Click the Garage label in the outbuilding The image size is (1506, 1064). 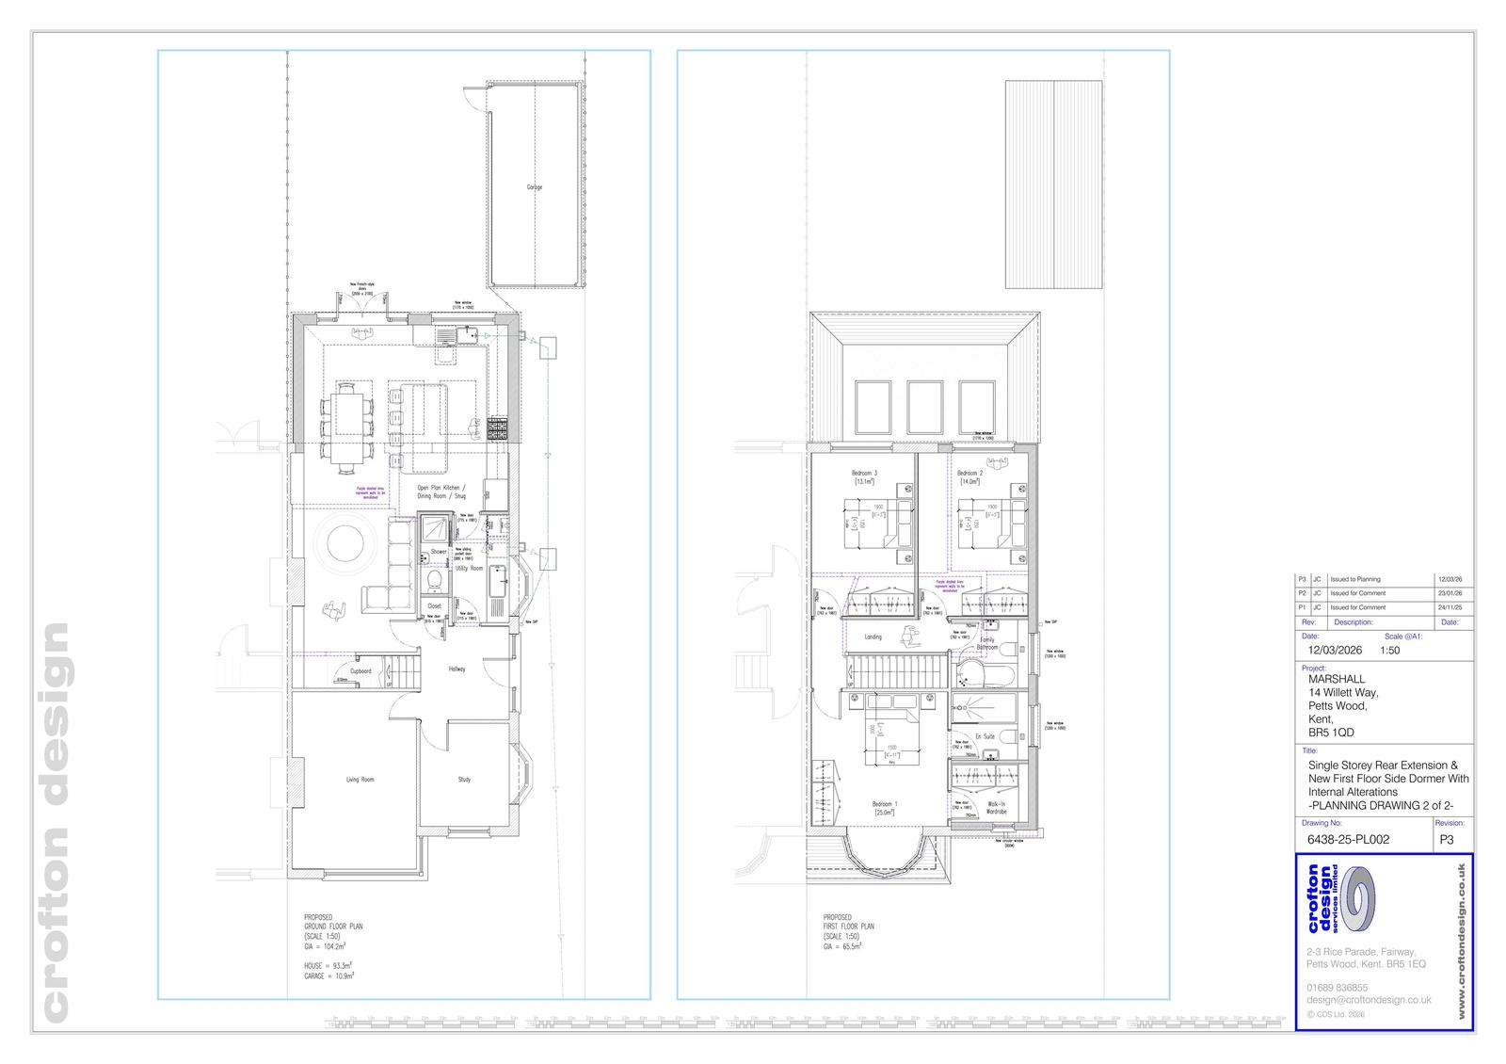click(534, 187)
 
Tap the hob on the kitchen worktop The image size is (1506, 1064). click(496, 429)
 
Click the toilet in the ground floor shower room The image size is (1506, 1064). click(435, 578)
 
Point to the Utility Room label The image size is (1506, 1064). click(469, 569)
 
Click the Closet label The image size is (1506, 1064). click(434, 606)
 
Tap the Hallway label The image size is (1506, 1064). click(457, 669)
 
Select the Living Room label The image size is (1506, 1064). click(360, 780)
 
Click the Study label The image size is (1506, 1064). click(464, 780)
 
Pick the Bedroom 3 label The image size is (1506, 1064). click(864, 473)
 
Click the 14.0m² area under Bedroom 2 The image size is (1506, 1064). click(969, 482)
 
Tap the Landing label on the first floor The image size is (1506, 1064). click(873, 637)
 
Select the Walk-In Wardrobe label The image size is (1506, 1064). click(996, 807)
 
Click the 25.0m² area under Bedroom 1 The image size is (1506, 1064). click(885, 812)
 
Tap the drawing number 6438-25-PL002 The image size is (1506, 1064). click(1348, 839)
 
